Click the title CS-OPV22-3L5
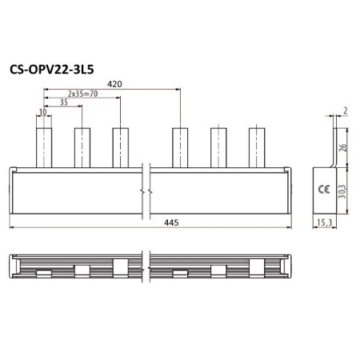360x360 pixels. (52, 70)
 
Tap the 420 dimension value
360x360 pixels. (114, 84)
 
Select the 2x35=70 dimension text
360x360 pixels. (82, 94)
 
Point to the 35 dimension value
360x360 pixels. (64, 102)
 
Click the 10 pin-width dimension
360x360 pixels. (43, 112)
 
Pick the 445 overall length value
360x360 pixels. (171, 222)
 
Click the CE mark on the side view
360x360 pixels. (324, 190)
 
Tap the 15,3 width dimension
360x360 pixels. (325, 222)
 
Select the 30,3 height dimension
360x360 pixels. (342, 191)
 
